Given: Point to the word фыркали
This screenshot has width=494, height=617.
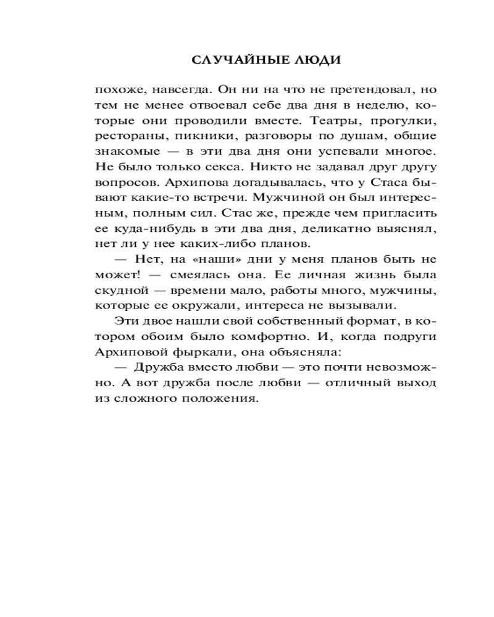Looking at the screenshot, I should pos(203,352).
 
